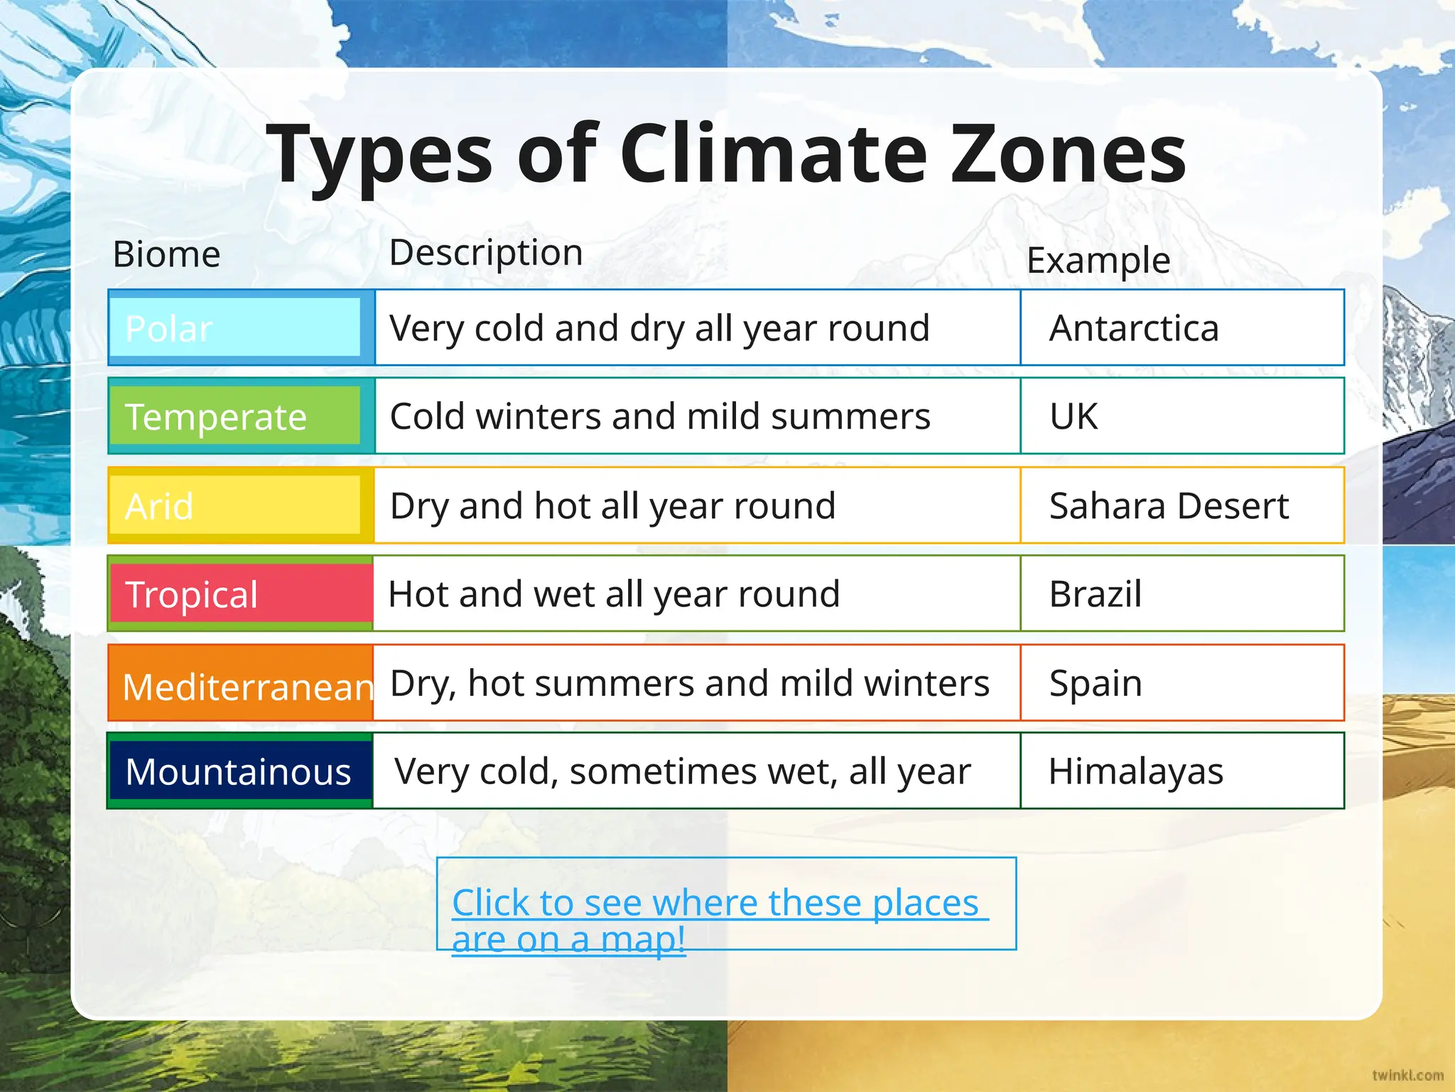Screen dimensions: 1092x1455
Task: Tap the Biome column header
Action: pos(166,255)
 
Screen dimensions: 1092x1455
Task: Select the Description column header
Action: pos(486,252)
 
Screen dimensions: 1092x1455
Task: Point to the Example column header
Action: pos(1098,260)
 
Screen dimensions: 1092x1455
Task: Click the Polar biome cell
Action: pos(234,328)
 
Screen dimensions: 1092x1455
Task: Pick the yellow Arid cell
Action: pos(234,505)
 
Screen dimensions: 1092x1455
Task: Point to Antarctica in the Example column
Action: pos(1134,328)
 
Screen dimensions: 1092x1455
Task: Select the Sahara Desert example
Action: pos(1169,505)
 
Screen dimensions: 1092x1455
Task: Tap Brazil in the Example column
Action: pos(1096,594)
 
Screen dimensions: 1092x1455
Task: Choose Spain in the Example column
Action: pos(1096,683)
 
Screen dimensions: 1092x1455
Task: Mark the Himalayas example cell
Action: pos(1135,771)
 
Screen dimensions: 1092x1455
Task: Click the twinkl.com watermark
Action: pos(1407,1075)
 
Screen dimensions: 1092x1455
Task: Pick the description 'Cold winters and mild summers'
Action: pos(660,416)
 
